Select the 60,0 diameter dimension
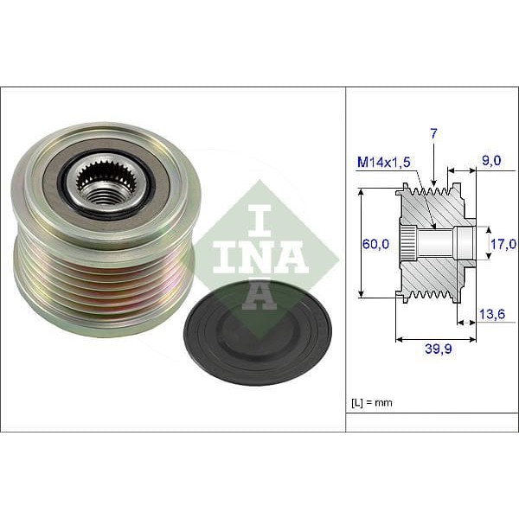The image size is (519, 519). coord(375,245)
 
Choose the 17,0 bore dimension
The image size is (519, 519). coord(500,245)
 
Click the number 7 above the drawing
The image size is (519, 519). coord(433,134)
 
